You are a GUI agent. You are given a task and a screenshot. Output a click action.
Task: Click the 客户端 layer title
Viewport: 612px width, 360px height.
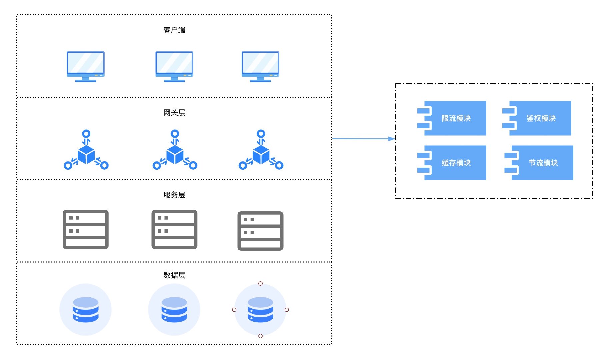click(174, 30)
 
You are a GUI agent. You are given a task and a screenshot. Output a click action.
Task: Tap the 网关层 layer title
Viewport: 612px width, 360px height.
click(174, 113)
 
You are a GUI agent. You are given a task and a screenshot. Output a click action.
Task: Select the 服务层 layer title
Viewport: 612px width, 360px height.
click(174, 195)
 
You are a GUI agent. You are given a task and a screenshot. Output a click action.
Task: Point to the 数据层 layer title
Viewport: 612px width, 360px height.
click(174, 275)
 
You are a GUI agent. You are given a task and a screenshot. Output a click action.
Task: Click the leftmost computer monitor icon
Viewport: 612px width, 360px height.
click(86, 66)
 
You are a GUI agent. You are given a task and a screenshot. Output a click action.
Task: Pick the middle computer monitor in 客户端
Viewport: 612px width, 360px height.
click(174, 66)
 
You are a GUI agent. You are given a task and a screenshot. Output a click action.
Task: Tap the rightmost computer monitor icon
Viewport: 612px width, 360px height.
click(260, 66)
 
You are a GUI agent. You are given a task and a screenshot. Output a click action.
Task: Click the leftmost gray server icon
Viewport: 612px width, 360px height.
click(86, 229)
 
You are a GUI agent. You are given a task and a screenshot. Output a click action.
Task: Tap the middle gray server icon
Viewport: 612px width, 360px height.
click(174, 229)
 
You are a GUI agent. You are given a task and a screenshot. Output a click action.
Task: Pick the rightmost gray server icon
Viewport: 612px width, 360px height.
click(260, 231)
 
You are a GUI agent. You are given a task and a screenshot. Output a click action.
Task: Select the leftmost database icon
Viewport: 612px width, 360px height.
click(86, 310)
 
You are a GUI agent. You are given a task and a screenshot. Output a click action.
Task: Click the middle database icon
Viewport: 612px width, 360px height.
click(174, 310)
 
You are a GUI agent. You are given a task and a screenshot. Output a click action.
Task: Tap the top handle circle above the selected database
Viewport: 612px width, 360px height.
click(261, 284)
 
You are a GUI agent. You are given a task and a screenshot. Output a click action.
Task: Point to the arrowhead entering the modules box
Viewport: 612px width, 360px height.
click(392, 139)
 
